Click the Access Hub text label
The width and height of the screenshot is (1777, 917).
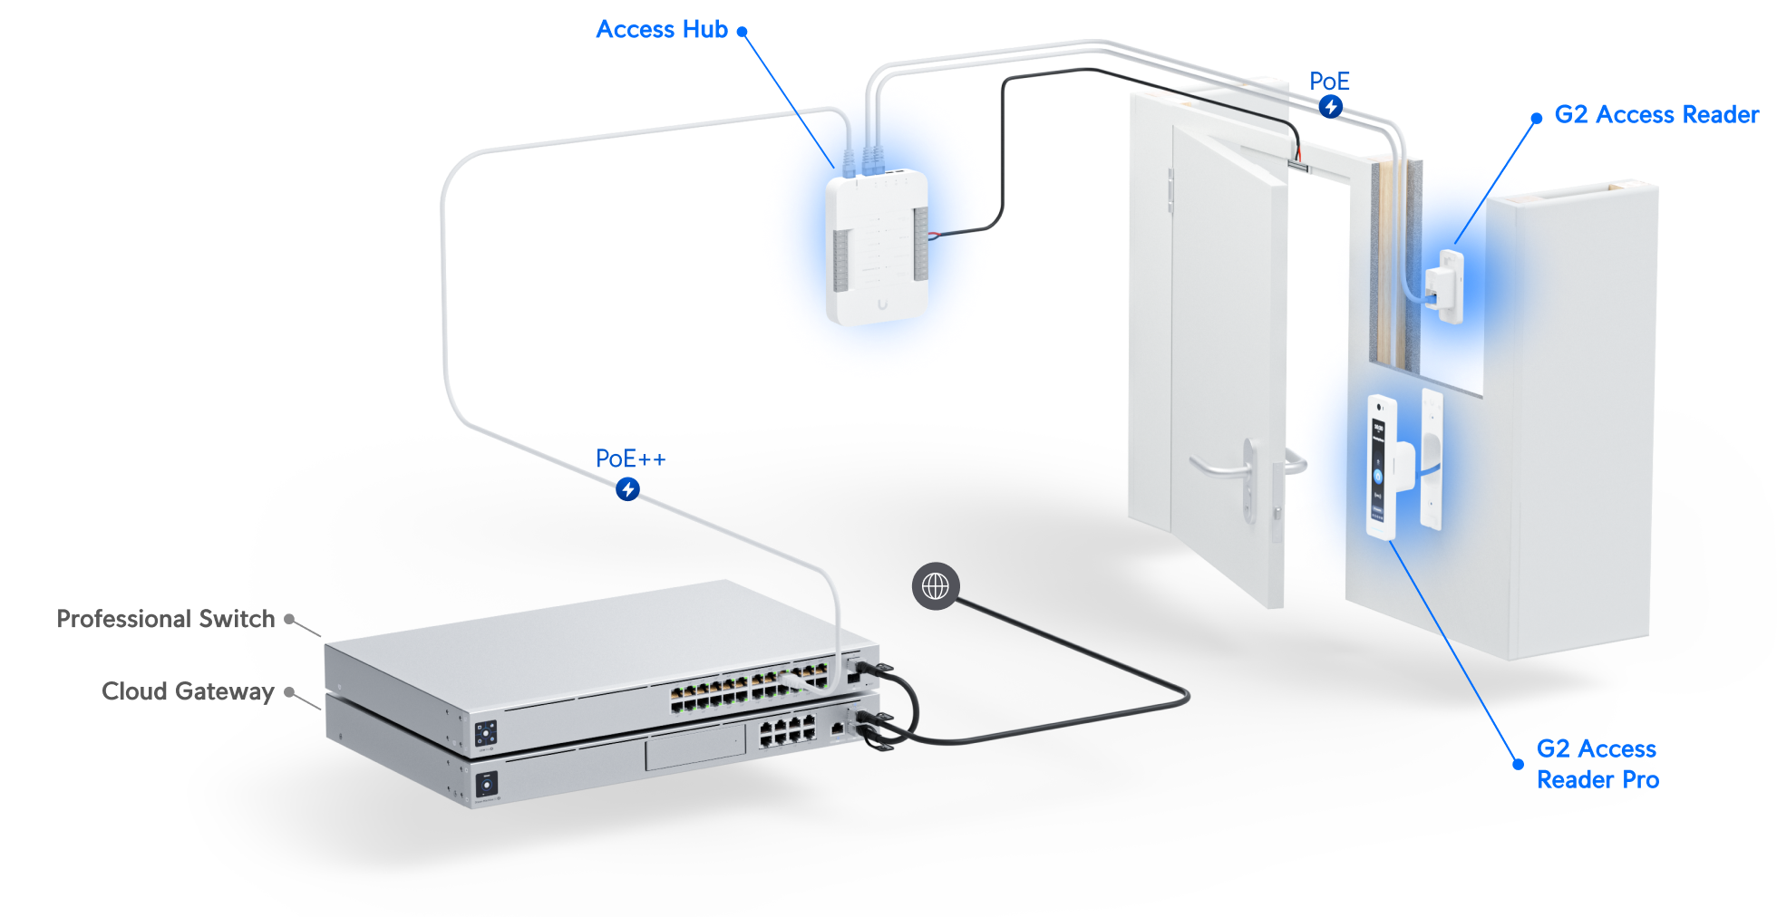point(662,30)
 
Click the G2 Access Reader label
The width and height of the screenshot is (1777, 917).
point(1656,115)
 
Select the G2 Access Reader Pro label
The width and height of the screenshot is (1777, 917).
point(1597,764)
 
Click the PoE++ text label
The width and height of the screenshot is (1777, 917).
point(630,459)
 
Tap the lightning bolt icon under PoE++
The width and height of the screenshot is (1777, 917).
point(627,489)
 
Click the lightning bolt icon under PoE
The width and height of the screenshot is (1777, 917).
point(1330,107)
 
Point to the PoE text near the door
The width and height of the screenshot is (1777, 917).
point(1329,82)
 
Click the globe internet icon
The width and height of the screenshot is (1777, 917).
point(935,586)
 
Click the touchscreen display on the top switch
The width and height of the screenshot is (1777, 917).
point(486,732)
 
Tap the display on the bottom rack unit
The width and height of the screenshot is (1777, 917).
point(487,784)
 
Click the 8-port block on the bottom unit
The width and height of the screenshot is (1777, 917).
point(786,730)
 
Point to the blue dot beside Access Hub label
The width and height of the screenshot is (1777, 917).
point(742,31)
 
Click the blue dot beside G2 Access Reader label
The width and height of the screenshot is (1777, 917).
point(1536,118)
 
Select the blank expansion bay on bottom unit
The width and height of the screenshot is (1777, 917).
point(694,751)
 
